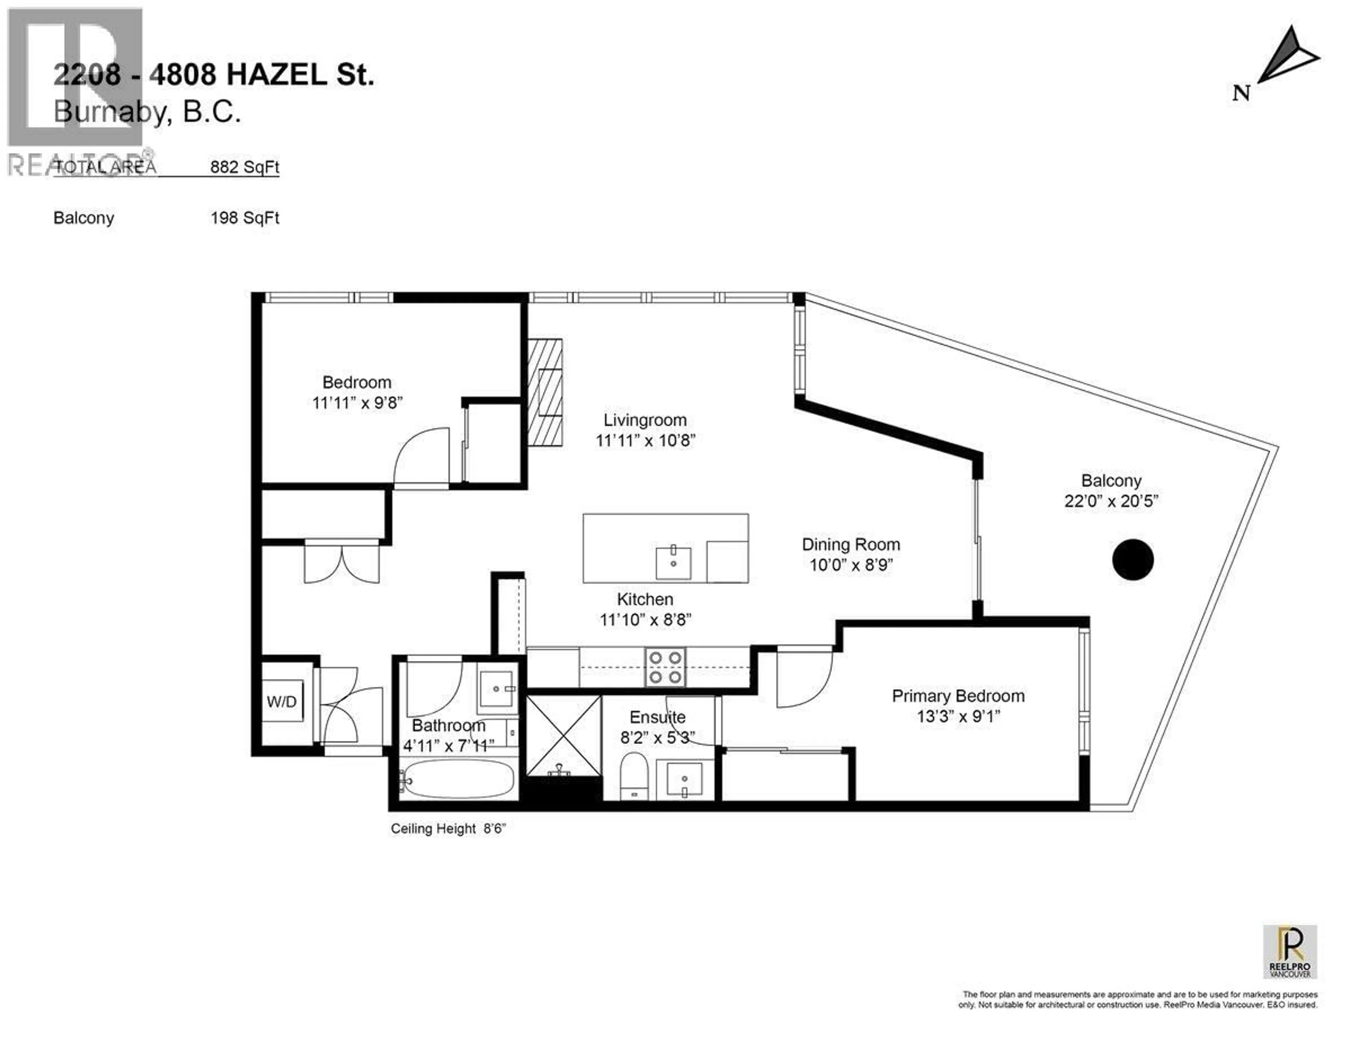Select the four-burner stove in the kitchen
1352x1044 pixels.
(x=665, y=667)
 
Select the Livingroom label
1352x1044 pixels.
(x=645, y=420)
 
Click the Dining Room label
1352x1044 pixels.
(x=851, y=545)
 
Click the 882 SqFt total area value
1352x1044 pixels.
(x=245, y=167)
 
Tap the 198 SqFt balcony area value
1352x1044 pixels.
(x=245, y=218)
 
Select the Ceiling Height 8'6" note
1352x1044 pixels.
(x=448, y=829)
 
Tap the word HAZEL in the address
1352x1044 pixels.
(x=275, y=75)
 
